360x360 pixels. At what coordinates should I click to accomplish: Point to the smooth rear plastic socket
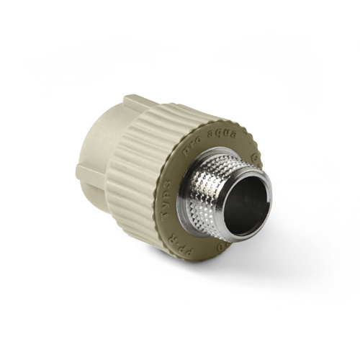[97, 144]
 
